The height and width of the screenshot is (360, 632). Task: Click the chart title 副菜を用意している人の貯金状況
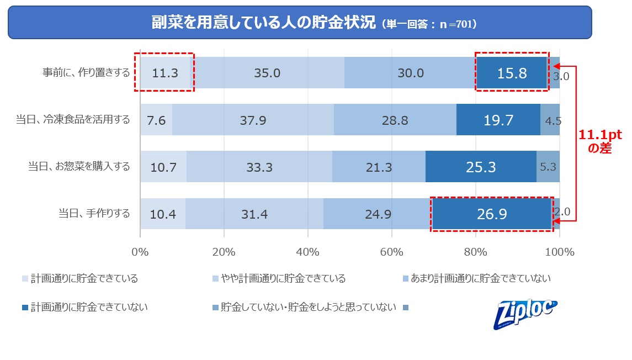pyautogui.click(x=264, y=23)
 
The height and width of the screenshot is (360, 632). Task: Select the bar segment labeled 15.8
pyautogui.click(x=512, y=73)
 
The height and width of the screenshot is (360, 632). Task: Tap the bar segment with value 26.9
pyautogui.click(x=491, y=213)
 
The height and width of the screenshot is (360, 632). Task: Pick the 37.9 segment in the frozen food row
pyautogui.click(x=253, y=120)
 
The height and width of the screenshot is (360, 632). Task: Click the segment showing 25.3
pyautogui.click(x=480, y=166)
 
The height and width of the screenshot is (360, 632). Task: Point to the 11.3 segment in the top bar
pyautogui.click(x=164, y=73)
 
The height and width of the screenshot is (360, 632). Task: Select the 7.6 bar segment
pyautogui.click(x=156, y=120)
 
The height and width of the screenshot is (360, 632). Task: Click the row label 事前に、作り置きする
pyautogui.click(x=87, y=73)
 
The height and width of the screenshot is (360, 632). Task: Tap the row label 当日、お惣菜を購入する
pyautogui.click(x=79, y=166)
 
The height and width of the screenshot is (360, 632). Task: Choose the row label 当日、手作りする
pyautogui.click(x=94, y=213)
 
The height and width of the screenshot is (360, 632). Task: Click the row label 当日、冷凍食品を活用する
pyautogui.click(x=73, y=120)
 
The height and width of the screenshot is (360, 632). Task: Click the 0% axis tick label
pyautogui.click(x=140, y=252)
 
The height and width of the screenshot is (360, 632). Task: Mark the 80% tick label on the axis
pyautogui.click(x=476, y=252)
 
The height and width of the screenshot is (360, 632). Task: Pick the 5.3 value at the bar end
pyautogui.click(x=548, y=166)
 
